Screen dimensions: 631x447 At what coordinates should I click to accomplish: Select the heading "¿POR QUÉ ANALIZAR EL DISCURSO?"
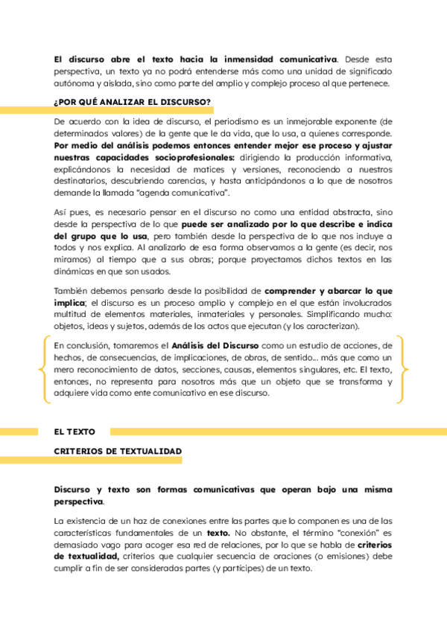tap(132, 102)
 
